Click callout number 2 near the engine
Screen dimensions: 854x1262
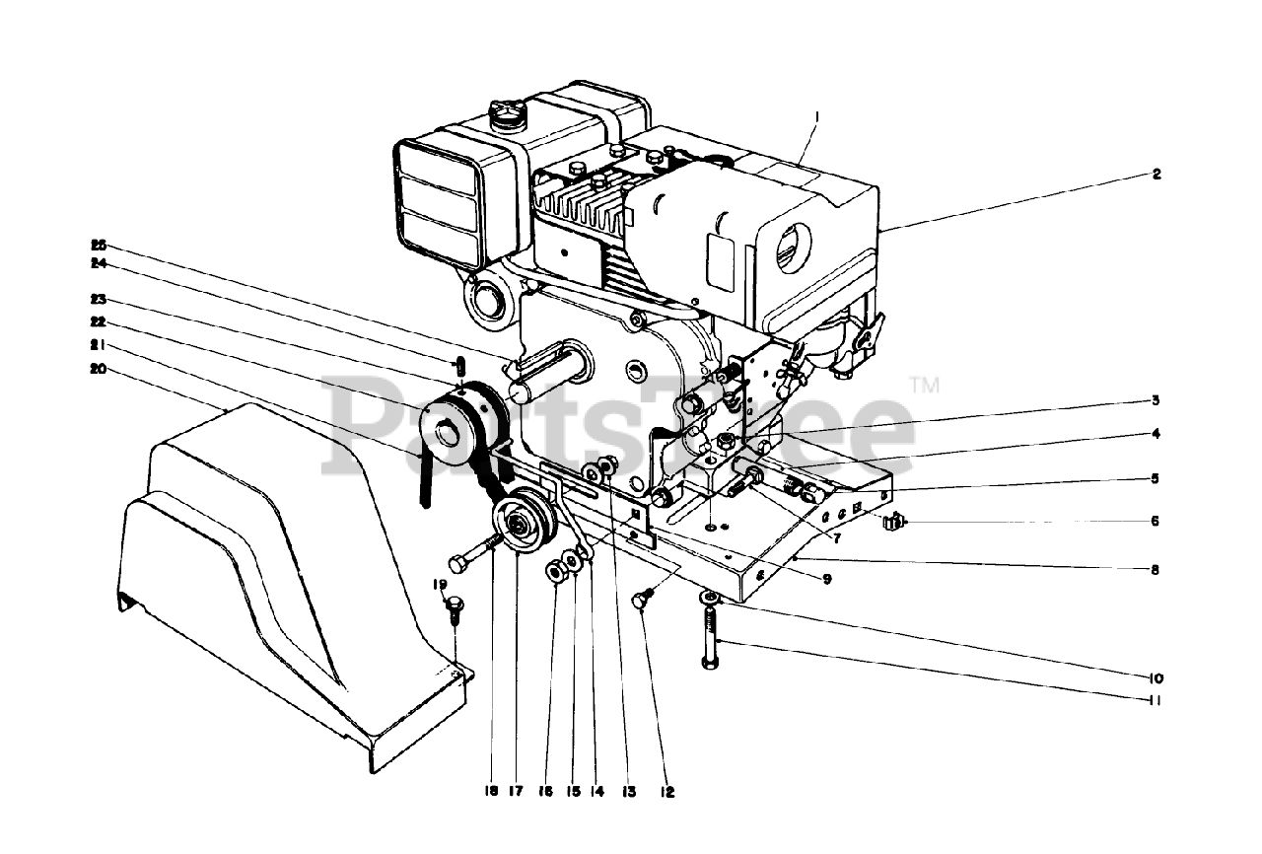coord(1157,175)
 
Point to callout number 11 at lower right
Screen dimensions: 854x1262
coord(1155,701)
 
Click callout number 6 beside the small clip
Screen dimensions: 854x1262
coord(1156,520)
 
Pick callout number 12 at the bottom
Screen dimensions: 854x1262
coord(668,791)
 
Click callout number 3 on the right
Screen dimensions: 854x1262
coord(1155,400)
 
